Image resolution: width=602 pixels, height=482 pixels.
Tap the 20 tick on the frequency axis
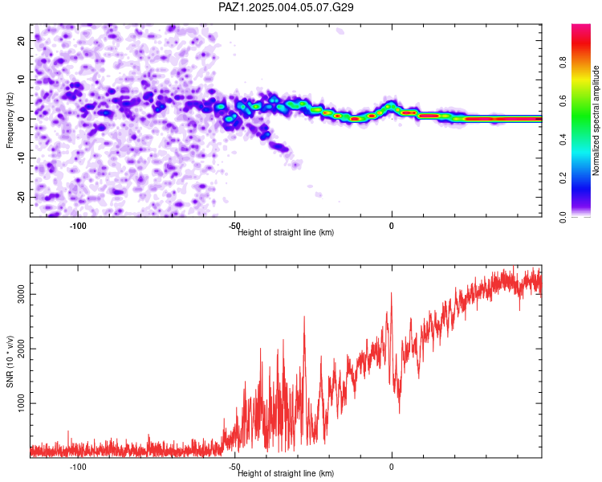(x=22, y=39)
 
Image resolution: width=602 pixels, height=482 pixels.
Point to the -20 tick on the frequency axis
(x=21, y=197)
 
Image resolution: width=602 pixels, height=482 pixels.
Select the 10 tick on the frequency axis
(x=22, y=79)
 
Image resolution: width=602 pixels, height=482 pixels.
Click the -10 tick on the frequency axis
(x=21, y=157)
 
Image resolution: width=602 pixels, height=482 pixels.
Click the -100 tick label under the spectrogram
(x=78, y=226)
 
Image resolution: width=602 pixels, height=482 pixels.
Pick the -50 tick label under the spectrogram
(x=234, y=226)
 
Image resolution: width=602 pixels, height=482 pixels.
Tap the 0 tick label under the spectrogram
(x=392, y=226)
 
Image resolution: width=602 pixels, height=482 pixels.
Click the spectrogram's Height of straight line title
(x=286, y=232)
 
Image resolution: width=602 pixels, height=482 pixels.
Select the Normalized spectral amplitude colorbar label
(x=596, y=120)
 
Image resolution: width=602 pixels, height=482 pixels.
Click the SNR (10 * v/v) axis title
(x=10, y=361)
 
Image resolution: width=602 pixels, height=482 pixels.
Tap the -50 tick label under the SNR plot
(x=234, y=467)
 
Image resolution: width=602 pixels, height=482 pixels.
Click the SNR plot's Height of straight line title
(x=286, y=473)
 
